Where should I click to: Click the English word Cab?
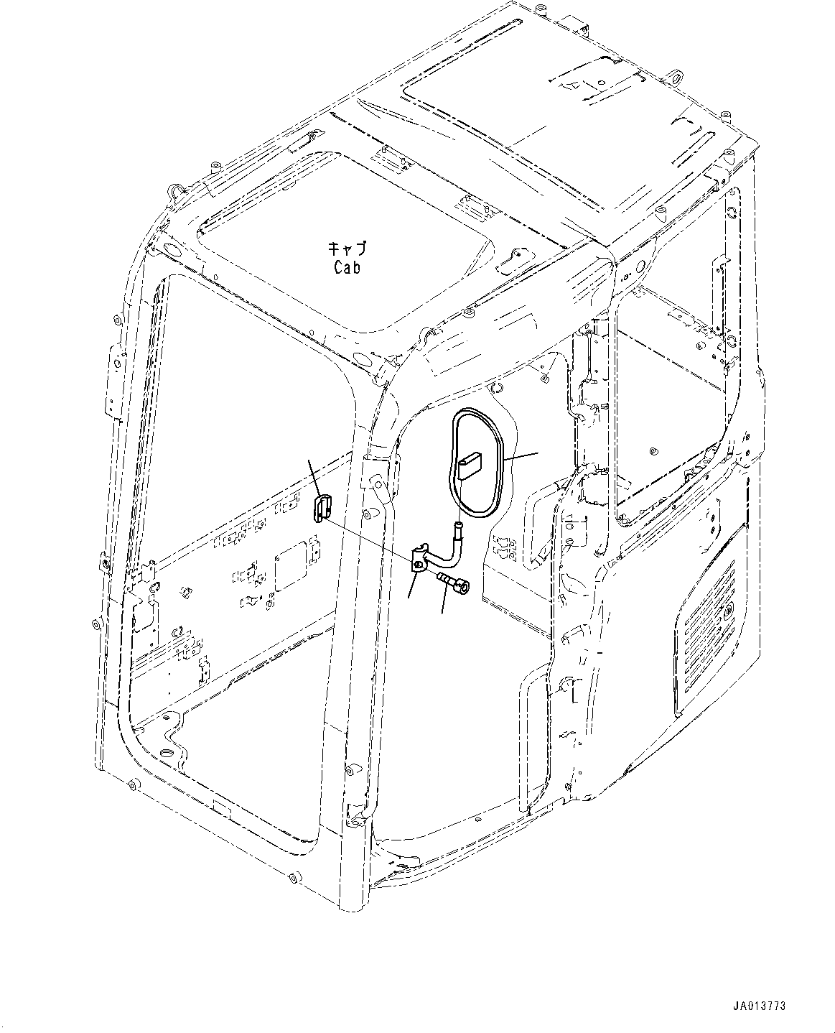(347, 267)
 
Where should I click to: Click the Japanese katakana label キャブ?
(347, 249)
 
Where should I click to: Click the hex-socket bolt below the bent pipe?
(452, 582)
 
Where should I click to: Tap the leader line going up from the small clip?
(314, 476)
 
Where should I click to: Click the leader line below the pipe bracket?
(411, 586)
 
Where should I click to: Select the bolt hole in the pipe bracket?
(418, 564)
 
